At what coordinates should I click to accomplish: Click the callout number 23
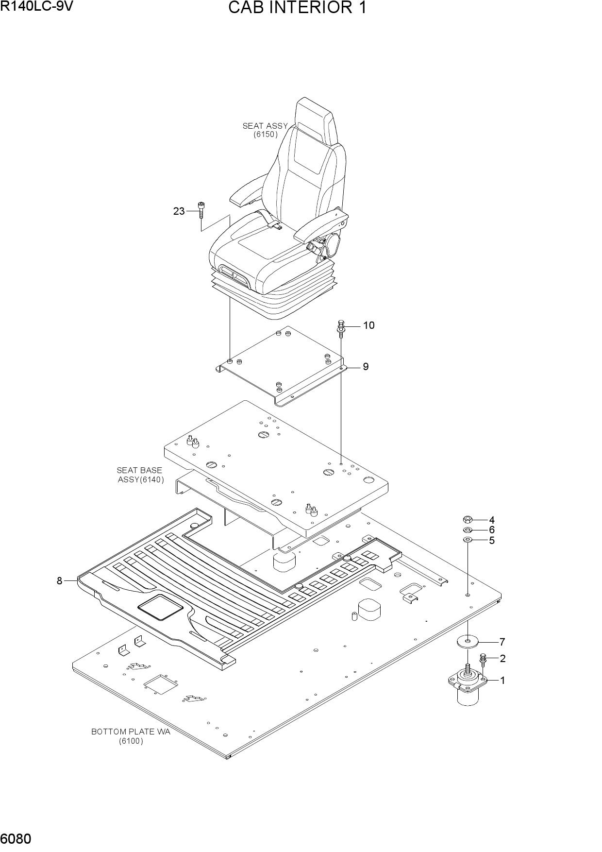(179, 211)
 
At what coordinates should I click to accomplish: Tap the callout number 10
(369, 325)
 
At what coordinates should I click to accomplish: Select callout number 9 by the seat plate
(366, 367)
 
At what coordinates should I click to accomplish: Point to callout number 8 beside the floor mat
(59, 580)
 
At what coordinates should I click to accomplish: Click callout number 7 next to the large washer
(502, 642)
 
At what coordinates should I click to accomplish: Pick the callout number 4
(492, 520)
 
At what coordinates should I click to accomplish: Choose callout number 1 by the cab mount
(502, 681)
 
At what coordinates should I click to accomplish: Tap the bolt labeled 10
(340, 330)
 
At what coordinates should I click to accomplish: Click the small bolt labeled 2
(483, 662)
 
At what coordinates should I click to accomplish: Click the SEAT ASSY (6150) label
(265, 130)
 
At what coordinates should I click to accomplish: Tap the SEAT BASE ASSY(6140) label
(140, 475)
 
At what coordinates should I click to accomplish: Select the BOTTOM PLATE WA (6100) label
(131, 736)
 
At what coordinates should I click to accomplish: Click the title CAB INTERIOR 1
(297, 8)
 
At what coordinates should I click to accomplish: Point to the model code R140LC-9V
(36, 6)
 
